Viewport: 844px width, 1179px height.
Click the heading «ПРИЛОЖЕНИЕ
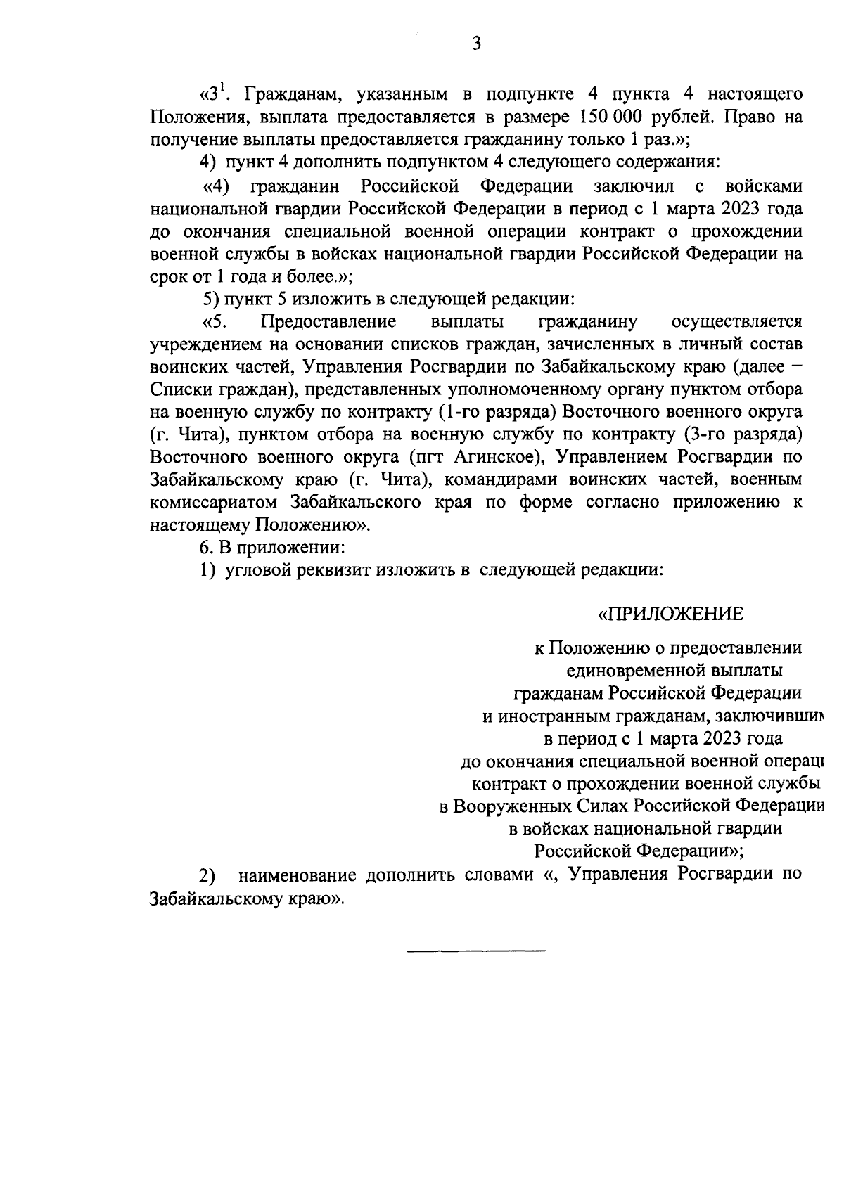point(670,614)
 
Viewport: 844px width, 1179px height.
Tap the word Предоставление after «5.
point(328,322)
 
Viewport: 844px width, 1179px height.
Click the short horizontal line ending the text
point(476,951)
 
